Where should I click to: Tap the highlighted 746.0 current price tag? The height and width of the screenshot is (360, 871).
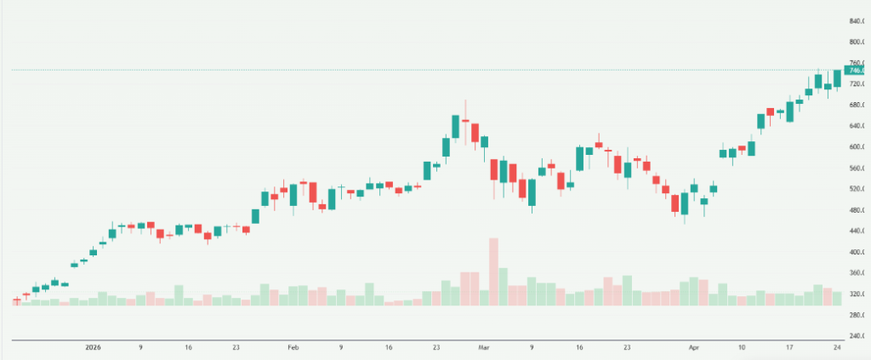click(855, 70)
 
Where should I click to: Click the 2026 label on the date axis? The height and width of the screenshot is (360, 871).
click(93, 348)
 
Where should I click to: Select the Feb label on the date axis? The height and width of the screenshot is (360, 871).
click(293, 348)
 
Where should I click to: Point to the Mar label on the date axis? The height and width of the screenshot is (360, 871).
click(484, 348)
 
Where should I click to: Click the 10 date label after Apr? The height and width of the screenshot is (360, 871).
click(742, 348)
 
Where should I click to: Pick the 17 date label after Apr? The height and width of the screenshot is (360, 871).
click(789, 348)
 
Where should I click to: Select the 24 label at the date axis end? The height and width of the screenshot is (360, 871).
click(837, 348)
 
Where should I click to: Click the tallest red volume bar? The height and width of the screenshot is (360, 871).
click(493, 272)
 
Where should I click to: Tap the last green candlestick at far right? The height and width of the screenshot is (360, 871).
click(837, 78)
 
